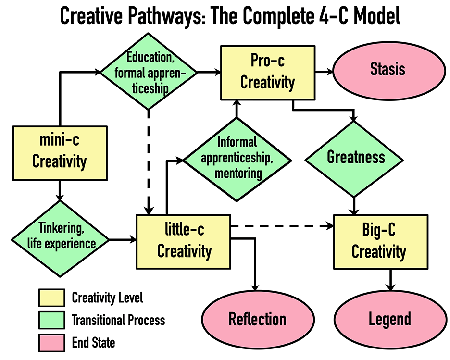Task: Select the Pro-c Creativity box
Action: click(x=267, y=72)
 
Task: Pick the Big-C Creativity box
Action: click(x=381, y=242)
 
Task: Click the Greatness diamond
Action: click(x=356, y=158)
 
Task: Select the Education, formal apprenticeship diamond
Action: click(x=149, y=72)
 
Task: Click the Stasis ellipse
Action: click(x=387, y=70)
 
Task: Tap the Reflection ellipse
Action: click(x=257, y=319)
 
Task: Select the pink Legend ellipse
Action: click(x=389, y=319)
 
